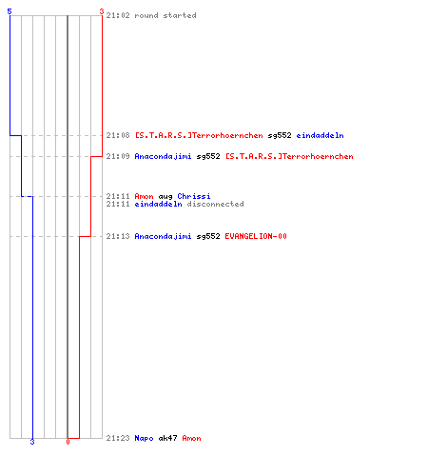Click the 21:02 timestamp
point(118,15)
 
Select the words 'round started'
point(165,15)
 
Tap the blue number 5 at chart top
point(10,11)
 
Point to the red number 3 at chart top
point(102,11)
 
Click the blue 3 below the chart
point(32,442)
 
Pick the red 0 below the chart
point(68,442)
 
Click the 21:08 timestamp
point(118,135)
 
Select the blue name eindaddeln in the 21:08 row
point(320,135)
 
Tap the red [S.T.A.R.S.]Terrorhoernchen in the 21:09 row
point(289,156)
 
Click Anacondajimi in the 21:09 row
point(163,156)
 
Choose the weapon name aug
point(165,197)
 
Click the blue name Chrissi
point(194,196)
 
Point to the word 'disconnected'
point(215,204)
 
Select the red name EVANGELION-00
point(256,236)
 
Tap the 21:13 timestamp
point(118,236)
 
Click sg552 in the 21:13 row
point(208,236)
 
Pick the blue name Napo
point(144,438)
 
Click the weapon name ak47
point(167,438)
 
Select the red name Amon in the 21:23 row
point(191,438)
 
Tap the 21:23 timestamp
point(118,438)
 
